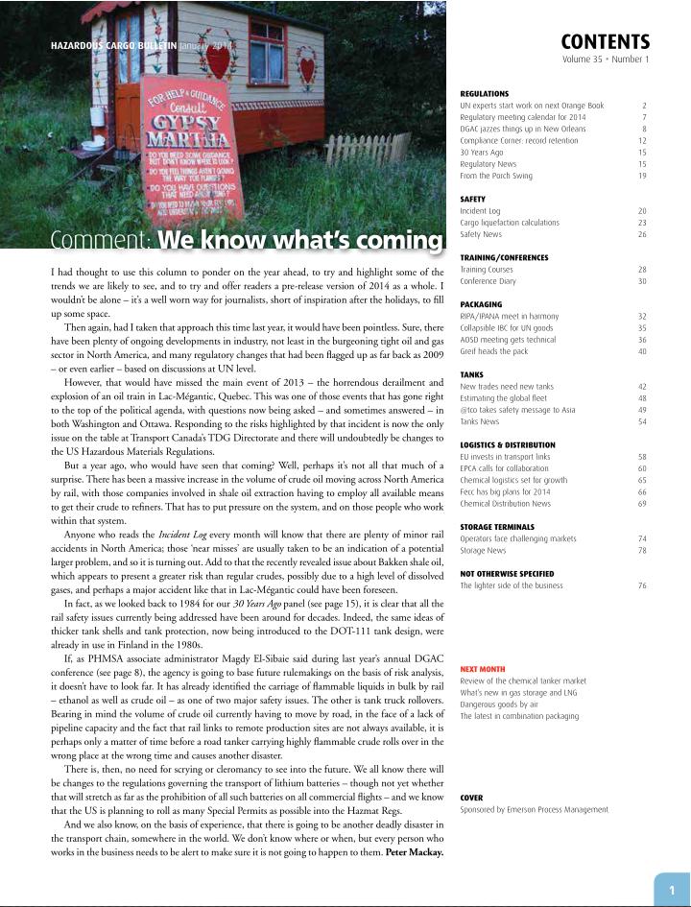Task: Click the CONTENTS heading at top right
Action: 605,42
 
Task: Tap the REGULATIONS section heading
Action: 485,94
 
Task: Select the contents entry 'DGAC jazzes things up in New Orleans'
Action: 522,129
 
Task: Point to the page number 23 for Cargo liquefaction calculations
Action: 642,223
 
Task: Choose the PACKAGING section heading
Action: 481,304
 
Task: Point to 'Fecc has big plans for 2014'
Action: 505,491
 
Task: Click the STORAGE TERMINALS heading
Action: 497,527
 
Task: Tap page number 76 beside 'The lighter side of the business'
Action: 642,585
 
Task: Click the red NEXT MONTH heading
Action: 483,669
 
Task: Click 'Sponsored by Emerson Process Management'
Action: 534,809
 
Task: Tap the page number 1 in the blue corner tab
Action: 672,891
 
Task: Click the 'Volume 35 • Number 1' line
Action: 606,60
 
